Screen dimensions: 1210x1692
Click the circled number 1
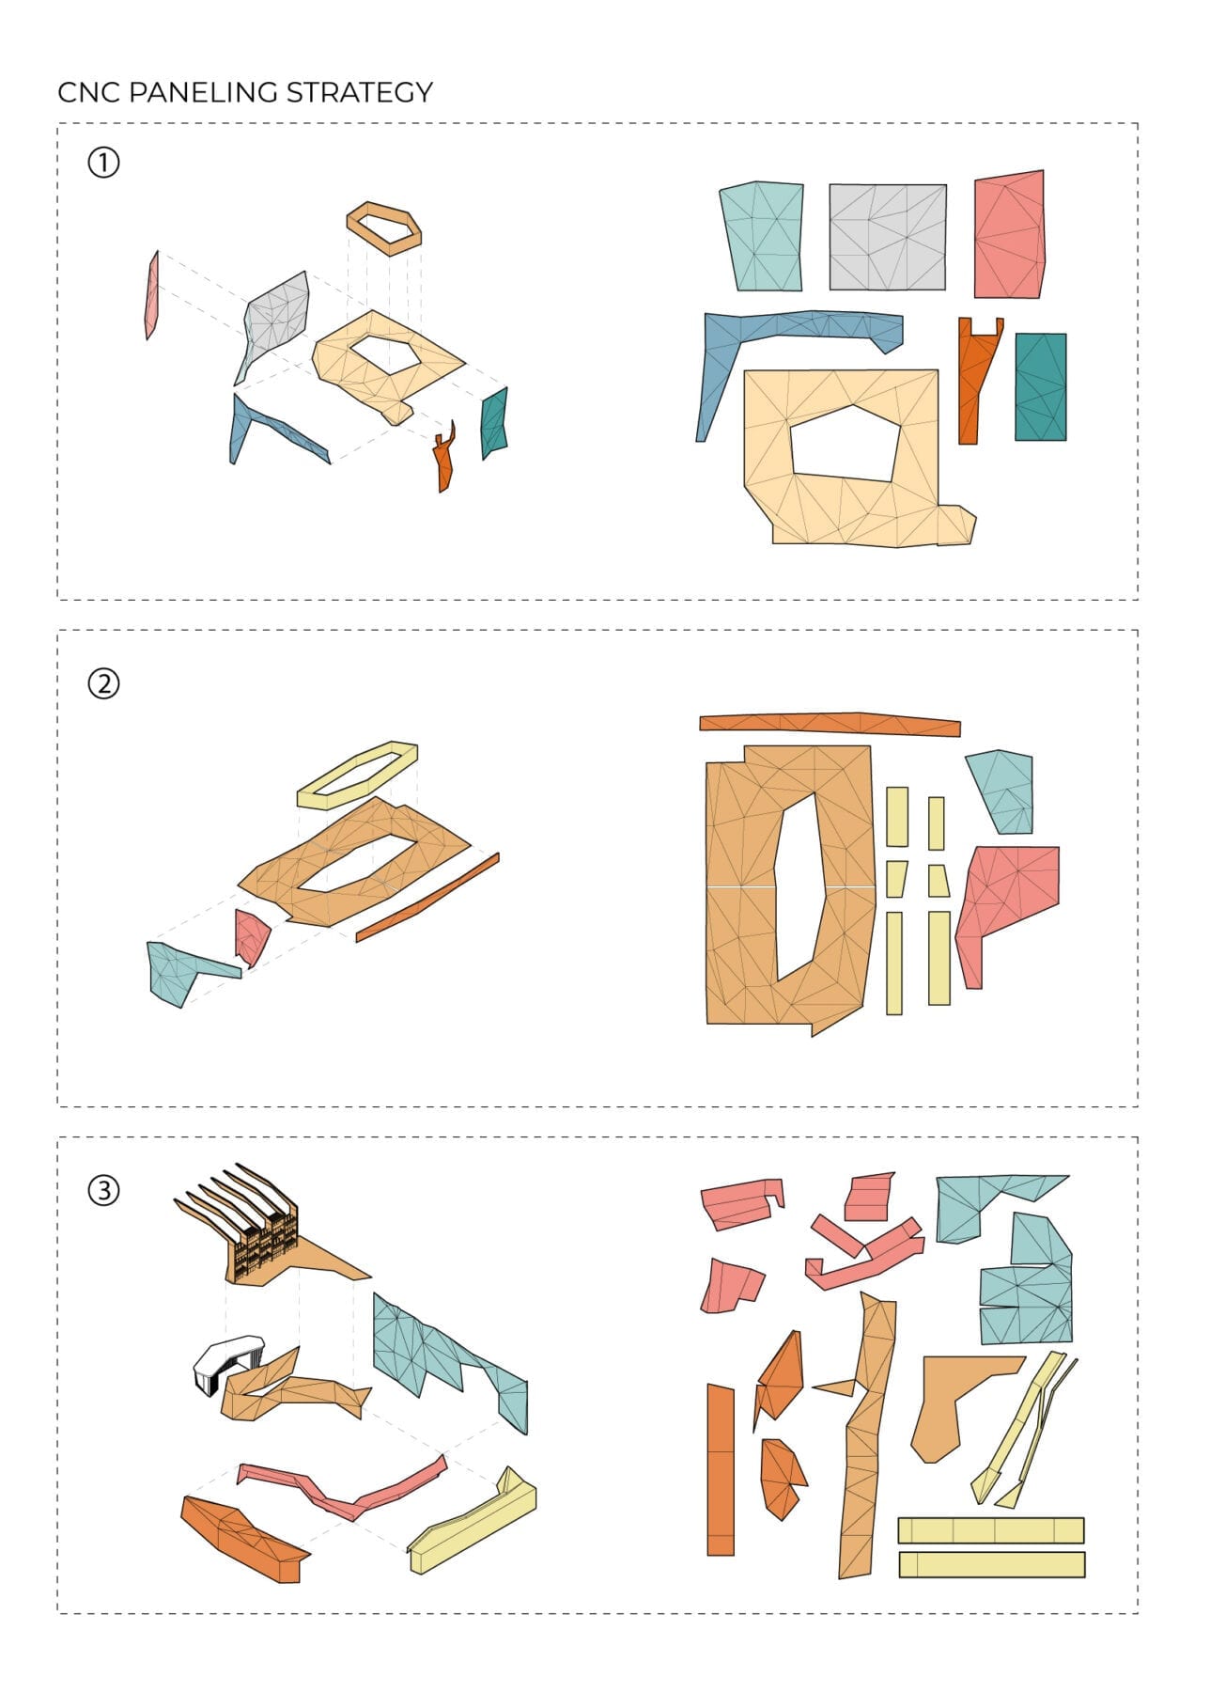(103, 163)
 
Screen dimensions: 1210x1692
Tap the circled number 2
(103, 683)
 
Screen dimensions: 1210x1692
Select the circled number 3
(103, 1191)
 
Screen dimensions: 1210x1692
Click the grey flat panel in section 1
(887, 237)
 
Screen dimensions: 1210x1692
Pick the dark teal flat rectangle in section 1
(1040, 386)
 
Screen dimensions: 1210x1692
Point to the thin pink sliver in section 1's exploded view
(151, 294)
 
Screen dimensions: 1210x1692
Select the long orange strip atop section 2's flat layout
(830, 724)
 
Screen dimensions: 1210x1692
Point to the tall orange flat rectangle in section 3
(721, 1469)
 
